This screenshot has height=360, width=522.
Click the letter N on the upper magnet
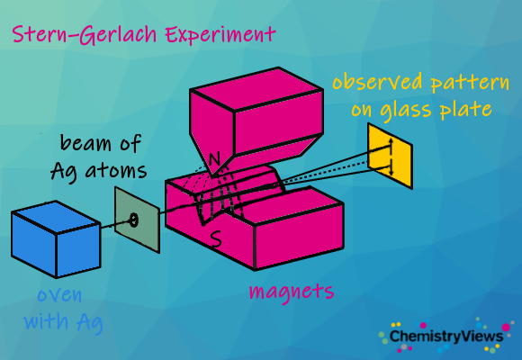click(214, 159)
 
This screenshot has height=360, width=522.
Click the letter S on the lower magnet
click(216, 239)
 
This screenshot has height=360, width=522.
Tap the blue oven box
click(56, 239)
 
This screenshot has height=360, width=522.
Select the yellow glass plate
click(391, 156)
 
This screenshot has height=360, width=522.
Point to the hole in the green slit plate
click(133, 220)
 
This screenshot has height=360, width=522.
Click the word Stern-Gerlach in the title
click(85, 34)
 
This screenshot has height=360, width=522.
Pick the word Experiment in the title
click(220, 35)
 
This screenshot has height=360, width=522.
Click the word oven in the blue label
click(59, 295)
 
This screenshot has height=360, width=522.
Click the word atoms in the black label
click(116, 171)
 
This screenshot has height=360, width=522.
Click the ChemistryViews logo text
click(446, 336)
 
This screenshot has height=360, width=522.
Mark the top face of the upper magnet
click(256, 89)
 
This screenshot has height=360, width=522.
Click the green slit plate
click(137, 220)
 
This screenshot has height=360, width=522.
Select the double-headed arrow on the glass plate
click(391, 157)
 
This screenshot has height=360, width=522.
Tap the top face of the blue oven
click(56, 217)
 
